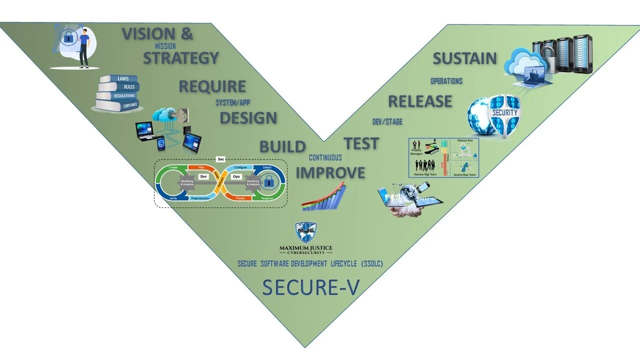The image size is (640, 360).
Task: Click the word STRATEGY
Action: (x=181, y=58)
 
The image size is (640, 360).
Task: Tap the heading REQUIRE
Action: (x=212, y=86)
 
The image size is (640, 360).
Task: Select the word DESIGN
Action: (x=248, y=118)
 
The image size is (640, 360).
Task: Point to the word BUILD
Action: (x=282, y=146)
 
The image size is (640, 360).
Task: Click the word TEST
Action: (x=361, y=143)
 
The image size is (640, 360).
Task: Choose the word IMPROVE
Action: (x=330, y=172)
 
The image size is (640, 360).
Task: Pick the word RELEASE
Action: (x=419, y=101)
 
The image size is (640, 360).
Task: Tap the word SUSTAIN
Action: (x=464, y=58)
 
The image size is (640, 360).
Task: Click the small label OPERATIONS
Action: (x=446, y=81)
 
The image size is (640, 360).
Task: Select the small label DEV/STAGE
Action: (x=387, y=121)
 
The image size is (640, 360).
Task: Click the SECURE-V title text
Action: (x=310, y=287)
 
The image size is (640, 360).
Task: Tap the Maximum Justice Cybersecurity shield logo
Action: (x=306, y=232)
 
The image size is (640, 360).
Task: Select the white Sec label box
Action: (x=220, y=159)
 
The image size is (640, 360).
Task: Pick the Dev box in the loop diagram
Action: (x=203, y=176)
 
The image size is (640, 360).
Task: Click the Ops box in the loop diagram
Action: (x=236, y=176)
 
